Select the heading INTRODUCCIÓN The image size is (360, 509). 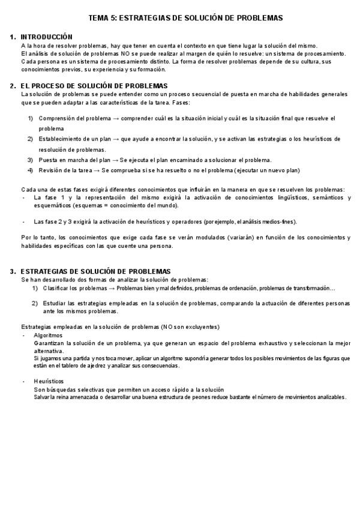pos(46,37)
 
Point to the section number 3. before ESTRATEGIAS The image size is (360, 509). pos(13,271)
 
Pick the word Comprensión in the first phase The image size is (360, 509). pos(59,118)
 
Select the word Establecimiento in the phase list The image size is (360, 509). pos(63,139)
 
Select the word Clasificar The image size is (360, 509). pos(56,288)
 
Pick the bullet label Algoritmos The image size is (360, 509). pos(48,336)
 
